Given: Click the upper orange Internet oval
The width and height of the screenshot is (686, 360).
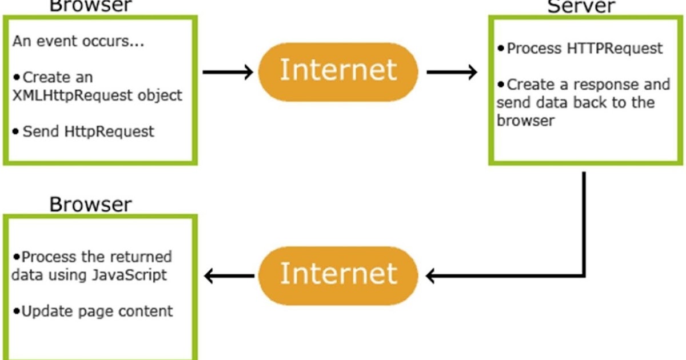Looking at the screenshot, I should [338, 71].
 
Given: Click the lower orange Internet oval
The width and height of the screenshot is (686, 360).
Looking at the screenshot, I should [338, 275].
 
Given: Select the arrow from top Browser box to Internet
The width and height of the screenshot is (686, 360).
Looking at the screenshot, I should [228, 72].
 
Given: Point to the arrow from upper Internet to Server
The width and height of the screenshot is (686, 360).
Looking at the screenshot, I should [452, 72].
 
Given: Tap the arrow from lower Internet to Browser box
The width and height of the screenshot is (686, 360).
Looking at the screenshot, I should [229, 276].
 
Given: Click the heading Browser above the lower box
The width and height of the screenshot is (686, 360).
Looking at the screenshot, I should [90, 204].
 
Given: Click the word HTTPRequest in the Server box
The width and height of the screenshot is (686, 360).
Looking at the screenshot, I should [615, 49].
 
